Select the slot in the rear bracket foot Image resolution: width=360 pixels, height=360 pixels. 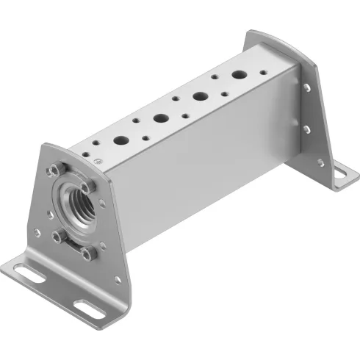(339, 174)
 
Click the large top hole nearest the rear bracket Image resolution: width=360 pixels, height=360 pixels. (240, 75)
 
